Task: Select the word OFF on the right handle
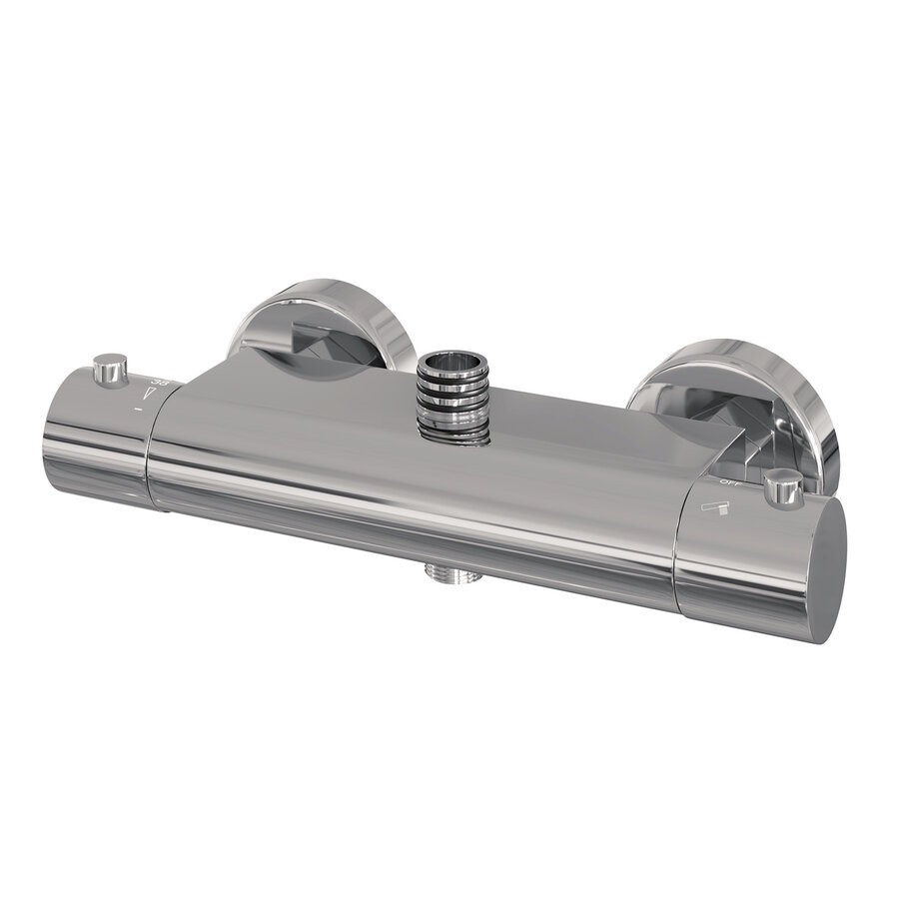(x=726, y=482)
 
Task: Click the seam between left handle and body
(x=150, y=449)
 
